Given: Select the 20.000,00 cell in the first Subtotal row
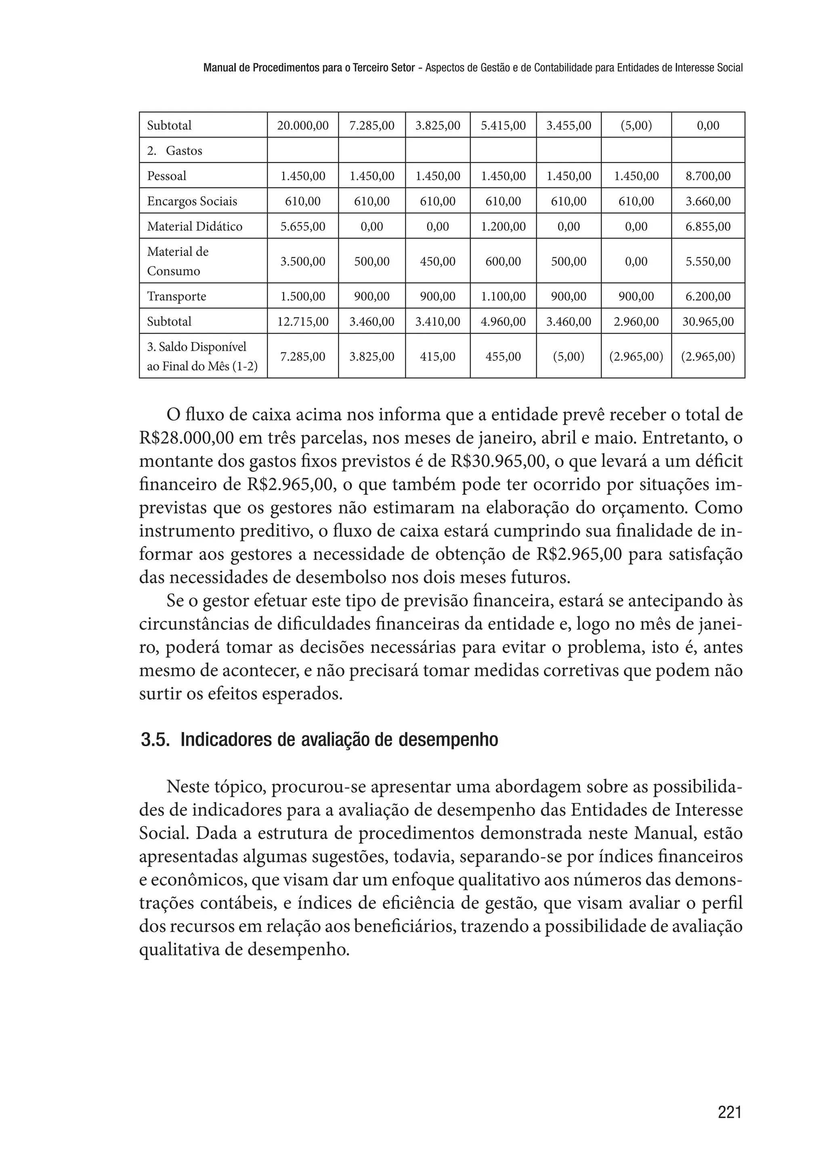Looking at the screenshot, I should pyautogui.click(x=302, y=125).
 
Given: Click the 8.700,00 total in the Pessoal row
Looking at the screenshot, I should pyautogui.click(x=707, y=176).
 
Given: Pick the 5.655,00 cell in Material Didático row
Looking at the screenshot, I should pyautogui.click(x=302, y=227).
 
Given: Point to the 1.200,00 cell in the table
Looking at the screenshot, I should pyautogui.click(x=503, y=227).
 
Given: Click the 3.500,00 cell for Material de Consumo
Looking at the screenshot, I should pyautogui.click(x=302, y=261).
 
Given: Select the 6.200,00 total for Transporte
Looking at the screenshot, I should pyautogui.click(x=707, y=297).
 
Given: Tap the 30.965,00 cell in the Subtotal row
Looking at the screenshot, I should pyautogui.click(x=707, y=322).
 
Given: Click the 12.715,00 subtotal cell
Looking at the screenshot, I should pyautogui.click(x=302, y=322).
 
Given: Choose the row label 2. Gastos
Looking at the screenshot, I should pyautogui.click(x=175, y=151).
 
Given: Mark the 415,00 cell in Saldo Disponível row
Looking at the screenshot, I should pyautogui.click(x=437, y=357).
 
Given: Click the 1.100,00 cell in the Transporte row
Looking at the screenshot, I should pyautogui.click(x=503, y=297).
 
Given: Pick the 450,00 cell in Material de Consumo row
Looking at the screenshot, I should pyautogui.click(x=437, y=261).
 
